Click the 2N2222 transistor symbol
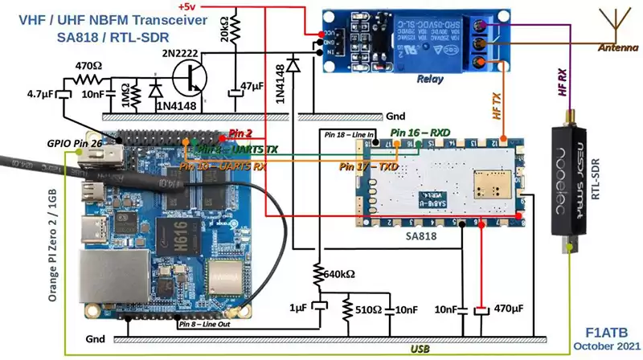[x=190, y=82]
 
